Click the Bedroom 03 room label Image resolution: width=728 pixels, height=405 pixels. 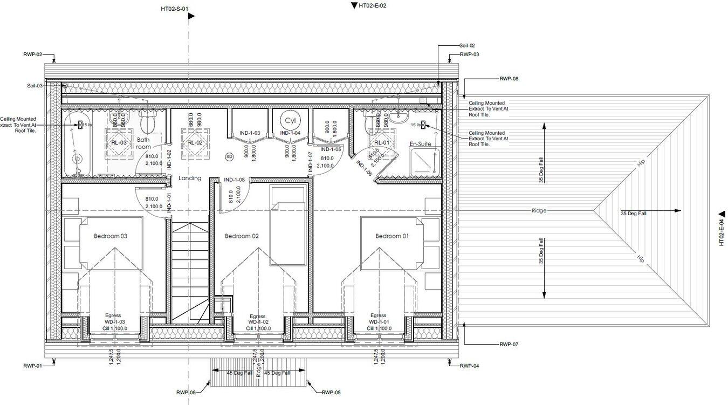[111, 236]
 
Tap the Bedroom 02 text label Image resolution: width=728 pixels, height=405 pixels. [242, 236]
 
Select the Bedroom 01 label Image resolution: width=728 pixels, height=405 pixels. [392, 236]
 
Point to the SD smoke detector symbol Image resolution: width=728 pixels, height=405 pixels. [229, 156]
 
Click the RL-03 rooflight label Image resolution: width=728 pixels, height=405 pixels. [119, 143]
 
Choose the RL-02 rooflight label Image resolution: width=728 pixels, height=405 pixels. [195, 143]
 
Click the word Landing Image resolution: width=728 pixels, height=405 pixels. [190, 178]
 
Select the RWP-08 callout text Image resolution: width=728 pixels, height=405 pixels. [509, 79]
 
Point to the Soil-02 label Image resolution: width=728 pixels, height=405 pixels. [467, 46]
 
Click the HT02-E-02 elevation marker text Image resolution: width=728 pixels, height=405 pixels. [373, 5]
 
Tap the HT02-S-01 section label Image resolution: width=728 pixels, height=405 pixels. [175, 9]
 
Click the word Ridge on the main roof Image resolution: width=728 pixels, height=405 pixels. [539, 210]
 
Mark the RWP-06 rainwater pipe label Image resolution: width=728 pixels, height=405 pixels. [186, 393]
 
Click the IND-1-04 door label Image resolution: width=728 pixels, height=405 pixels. [290, 133]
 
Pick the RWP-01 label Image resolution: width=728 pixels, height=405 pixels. [32, 366]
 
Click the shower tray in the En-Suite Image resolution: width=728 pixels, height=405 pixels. [425, 162]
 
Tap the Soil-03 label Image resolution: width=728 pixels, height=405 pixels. [35, 86]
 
